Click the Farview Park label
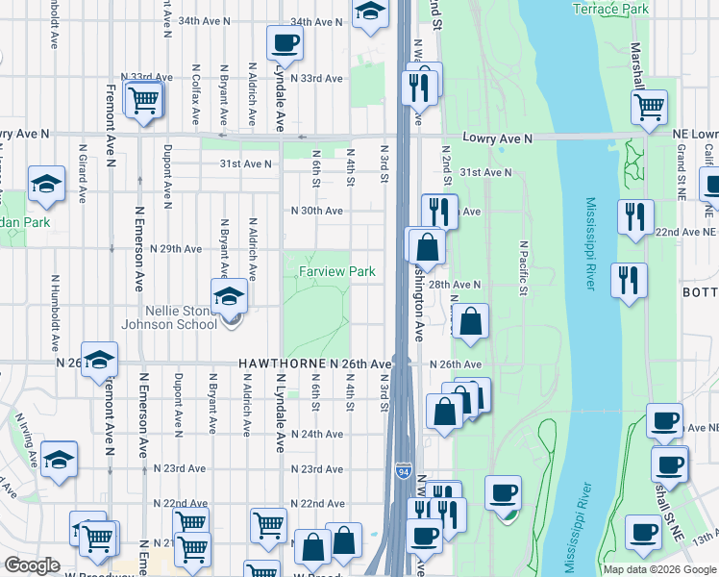(335, 272)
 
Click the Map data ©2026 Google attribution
(659, 569)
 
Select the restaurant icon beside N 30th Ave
(437, 210)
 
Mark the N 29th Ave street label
(174, 248)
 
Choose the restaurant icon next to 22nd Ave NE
(635, 216)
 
